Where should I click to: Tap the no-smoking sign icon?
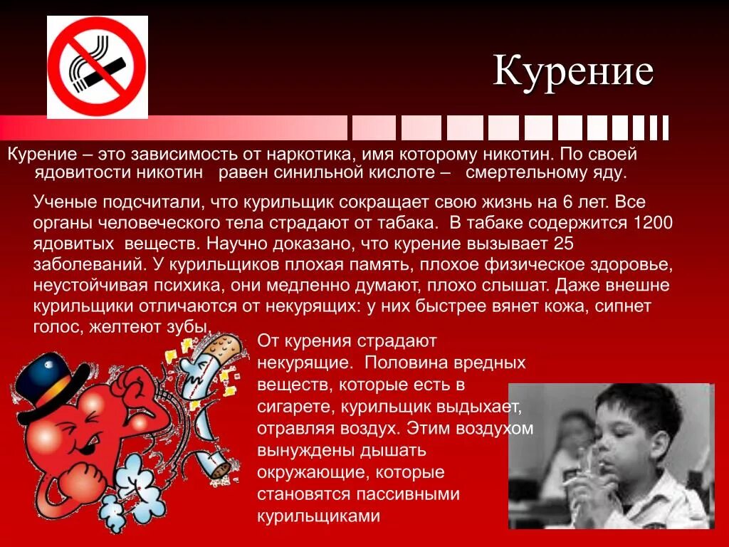98,67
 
